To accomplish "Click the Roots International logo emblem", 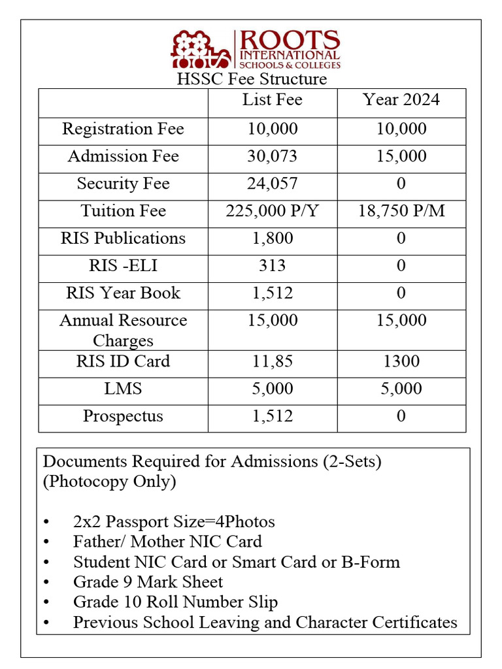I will click(x=201, y=50).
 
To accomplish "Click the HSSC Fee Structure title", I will click(x=252, y=79).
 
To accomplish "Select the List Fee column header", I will click(x=273, y=100).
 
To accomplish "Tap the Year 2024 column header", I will click(x=401, y=100).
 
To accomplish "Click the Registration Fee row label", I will click(x=123, y=129).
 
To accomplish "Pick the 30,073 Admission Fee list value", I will click(x=273, y=157).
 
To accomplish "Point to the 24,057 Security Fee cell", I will click(x=273, y=184).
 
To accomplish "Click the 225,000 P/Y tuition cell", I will click(x=273, y=212).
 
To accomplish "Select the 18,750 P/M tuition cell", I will click(x=401, y=212).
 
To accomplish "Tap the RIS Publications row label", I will click(x=123, y=238).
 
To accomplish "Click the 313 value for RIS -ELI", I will click(x=273, y=266).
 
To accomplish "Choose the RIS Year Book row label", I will click(x=123, y=293).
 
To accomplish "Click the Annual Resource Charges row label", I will click(x=123, y=330).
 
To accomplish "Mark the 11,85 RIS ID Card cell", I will click(x=273, y=362).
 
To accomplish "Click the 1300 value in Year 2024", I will click(x=401, y=362).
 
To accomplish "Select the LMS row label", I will click(x=123, y=389).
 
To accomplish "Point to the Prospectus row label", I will click(x=123, y=417).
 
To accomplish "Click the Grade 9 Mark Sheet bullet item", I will click(x=148, y=582).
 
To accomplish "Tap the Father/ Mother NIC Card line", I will click(x=167, y=542).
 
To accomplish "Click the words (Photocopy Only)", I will click(x=109, y=481).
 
